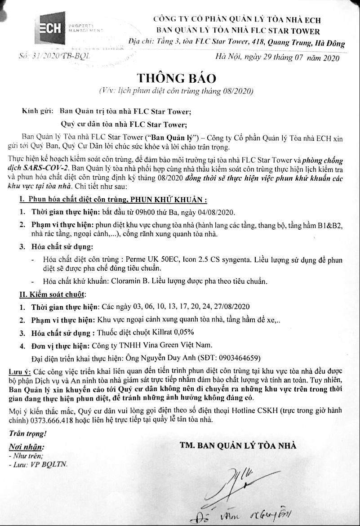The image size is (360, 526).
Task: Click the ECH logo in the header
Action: pos(50,28)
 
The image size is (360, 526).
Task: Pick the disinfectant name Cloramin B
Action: pos(152,281)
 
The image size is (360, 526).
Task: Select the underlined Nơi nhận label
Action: pos(27,447)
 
